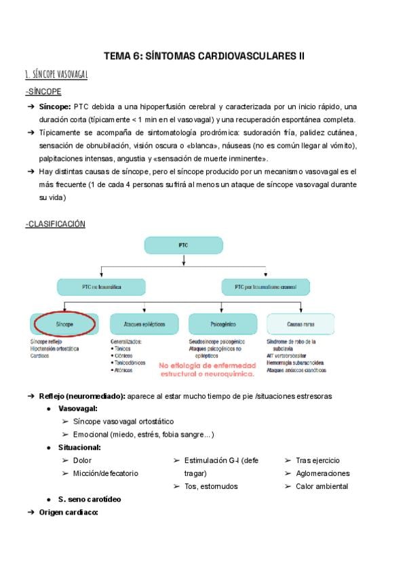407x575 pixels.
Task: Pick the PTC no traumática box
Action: (101, 287)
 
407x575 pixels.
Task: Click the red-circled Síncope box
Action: (65, 325)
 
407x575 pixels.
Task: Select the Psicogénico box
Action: (222, 325)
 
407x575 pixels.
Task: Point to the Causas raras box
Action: (300, 325)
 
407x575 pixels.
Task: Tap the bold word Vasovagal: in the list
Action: (78, 409)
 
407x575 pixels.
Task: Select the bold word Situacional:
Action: (80, 448)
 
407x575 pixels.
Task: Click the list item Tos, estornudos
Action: (210, 486)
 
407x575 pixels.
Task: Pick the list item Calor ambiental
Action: (322, 486)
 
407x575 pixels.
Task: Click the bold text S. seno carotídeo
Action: (90, 499)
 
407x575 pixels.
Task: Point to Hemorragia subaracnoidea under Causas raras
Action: (296, 363)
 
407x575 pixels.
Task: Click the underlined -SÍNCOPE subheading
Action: (43, 92)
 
